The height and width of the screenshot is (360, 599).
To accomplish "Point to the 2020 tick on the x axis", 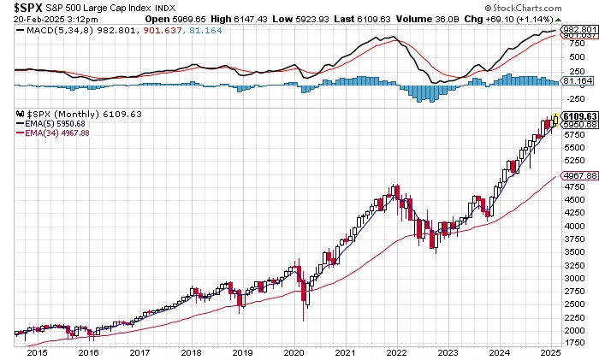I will click(294, 352).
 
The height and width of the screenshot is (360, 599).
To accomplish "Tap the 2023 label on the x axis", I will click(448, 352).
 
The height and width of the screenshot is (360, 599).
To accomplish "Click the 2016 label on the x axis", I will click(87, 352).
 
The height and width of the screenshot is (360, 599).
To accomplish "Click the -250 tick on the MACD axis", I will click(570, 97).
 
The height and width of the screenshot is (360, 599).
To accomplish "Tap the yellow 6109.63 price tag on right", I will click(578, 115).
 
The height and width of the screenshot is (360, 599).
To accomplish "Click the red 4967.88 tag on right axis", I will click(578, 175).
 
